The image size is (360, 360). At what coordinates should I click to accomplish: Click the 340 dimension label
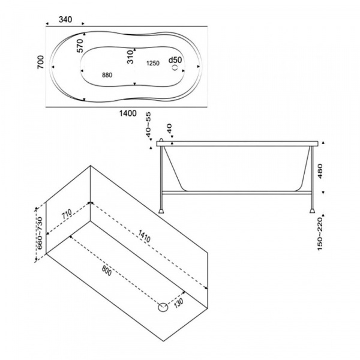65,20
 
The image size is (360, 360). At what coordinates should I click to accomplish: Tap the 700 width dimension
40,62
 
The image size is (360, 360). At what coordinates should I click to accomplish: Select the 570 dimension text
80,46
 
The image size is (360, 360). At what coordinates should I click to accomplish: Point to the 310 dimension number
130,57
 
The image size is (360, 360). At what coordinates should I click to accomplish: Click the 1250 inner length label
153,63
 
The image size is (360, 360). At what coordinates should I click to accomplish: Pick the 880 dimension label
107,75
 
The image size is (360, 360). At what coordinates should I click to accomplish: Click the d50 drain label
175,60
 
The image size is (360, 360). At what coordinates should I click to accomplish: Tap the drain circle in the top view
175,67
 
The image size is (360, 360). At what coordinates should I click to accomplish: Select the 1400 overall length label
128,113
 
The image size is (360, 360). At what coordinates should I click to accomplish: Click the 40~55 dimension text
149,125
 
